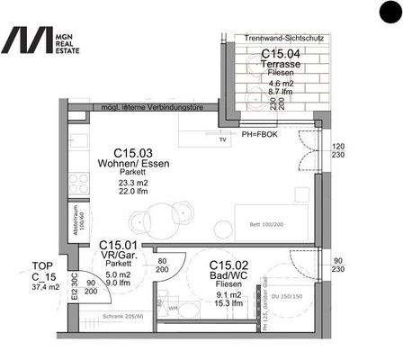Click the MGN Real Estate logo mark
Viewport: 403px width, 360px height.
(27, 40)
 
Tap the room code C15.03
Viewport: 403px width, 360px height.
(131, 153)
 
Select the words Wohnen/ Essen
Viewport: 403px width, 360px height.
(131, 164)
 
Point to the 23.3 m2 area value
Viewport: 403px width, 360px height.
(131, 183)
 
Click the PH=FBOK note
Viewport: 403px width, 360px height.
(262, 133)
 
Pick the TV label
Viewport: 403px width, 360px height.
(222, 141)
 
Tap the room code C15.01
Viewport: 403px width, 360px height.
(118, 245)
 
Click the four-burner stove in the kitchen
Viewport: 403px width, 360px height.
(78, 181)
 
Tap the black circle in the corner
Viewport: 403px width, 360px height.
(390, 13)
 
